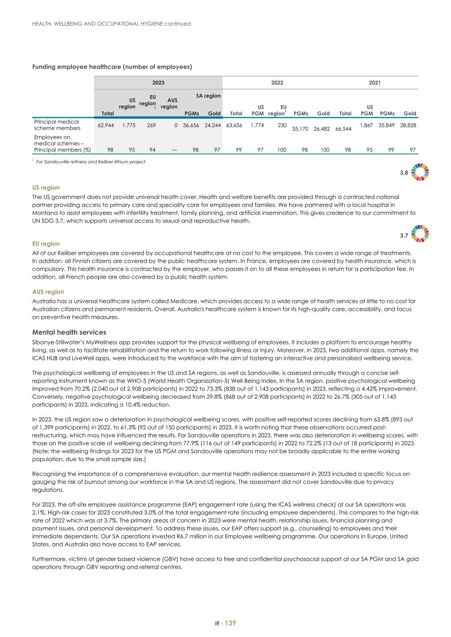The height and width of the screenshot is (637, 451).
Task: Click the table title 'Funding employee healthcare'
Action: click(112, 67)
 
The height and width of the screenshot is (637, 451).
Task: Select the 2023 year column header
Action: click(158, 83)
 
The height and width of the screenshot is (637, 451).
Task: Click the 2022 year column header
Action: click(277, 83)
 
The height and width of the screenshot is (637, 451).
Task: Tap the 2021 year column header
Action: click(374, 83)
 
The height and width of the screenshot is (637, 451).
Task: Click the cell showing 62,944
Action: click(106, 125)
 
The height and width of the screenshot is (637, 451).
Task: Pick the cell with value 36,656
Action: click(191, 125)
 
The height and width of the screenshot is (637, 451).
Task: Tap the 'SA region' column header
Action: click(208, 96)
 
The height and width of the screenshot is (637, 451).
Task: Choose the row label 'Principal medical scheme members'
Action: click(57, 125)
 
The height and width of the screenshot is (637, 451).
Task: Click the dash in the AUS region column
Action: click(174, 150)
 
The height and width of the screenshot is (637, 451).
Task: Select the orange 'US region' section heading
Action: click(46, 188)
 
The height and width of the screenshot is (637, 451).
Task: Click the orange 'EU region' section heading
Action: click(46, 244)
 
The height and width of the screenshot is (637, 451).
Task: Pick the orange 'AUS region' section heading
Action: click(48, 292)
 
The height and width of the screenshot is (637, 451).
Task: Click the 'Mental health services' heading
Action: click(69, 332)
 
